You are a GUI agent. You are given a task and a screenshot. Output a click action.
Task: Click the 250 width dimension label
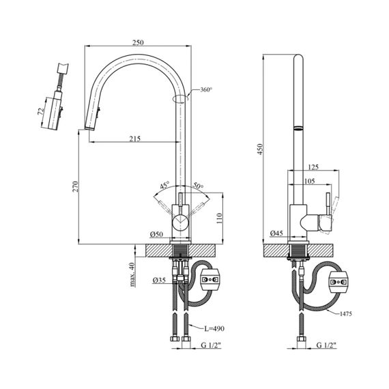click(138, 42)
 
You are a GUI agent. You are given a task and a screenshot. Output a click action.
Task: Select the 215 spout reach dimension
click(135, 139)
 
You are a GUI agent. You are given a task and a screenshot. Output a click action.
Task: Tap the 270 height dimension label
click(75, 186)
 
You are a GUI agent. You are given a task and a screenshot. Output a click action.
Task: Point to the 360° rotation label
click(206, 89)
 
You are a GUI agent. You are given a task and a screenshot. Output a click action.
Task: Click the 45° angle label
click(164, 185)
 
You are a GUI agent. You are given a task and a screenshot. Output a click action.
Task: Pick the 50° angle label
click(199, 185)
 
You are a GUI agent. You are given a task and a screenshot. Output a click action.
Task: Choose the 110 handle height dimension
click(219, 218)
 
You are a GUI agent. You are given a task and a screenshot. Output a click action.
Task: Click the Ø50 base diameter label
click(156, 234)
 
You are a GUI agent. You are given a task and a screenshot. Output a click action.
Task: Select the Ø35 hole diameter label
click(159, 280)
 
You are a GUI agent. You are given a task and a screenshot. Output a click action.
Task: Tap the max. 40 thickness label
click(132, 274)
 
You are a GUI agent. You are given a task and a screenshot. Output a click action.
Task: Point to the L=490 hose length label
click(214, 329)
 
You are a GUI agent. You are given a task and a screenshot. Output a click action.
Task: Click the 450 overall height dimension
click(259, 149)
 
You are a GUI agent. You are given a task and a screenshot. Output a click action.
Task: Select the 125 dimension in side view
click(313, 167)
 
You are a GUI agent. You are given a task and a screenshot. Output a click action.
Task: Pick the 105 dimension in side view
click(309, 181)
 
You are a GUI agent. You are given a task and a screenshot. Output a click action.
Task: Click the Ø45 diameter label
click(276, 233)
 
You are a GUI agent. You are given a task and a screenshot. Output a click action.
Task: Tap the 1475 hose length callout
click(345, 314)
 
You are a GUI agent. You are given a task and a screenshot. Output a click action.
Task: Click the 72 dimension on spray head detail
click(41, 111)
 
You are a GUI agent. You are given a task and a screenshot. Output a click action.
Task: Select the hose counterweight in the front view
click(210, 280)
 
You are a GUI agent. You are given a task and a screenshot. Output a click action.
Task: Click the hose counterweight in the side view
click(338, 283)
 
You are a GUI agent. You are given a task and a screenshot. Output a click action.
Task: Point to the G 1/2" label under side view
click(326, 345)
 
